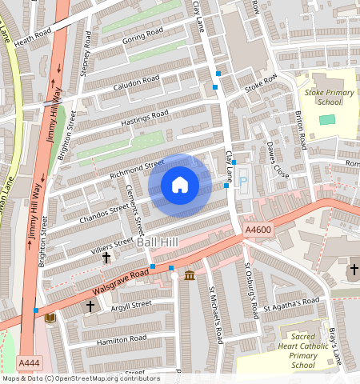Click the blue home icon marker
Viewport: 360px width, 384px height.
coord(180,186)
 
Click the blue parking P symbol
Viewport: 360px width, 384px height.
coord(243,183)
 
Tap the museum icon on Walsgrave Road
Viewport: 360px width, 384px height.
coord(189,276)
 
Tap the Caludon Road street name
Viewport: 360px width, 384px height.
coord(136,82)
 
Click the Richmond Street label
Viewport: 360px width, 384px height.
coord(136,167)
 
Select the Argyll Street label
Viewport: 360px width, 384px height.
coord(130,304)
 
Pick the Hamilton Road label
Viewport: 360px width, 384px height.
coord(120,339)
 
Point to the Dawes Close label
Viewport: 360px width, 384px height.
coord(276,161)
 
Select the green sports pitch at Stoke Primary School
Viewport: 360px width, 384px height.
coord(327,119)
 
